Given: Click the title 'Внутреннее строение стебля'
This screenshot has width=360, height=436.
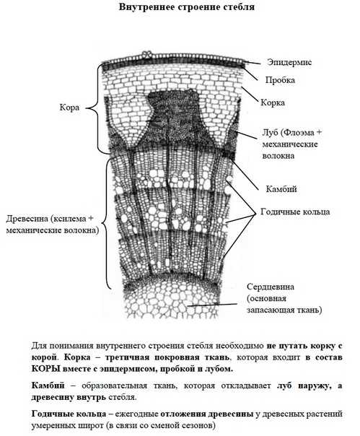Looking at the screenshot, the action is (x=187, y=6).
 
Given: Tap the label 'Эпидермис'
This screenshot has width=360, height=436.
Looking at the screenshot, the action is (x=289, y=62).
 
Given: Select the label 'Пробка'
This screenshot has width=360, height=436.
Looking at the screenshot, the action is (x=280, y=80).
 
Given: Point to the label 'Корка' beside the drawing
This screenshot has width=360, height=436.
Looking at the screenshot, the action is (x=273, y=103).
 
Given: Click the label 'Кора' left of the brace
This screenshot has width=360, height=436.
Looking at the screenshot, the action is (x=69, y=108).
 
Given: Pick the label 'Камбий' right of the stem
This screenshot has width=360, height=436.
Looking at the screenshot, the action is (x=281, y=189).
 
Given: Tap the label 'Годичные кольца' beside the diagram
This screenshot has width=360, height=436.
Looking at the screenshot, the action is (x=295, y=212).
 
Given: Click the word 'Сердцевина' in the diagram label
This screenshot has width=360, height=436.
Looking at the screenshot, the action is (x=271, y=287).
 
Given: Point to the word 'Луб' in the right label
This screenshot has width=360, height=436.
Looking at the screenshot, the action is (x=271, y=132).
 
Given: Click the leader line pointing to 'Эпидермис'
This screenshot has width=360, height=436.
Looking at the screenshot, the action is (x=252, y=62).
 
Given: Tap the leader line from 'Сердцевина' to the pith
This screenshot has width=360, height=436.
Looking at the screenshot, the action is (x=212, y=305).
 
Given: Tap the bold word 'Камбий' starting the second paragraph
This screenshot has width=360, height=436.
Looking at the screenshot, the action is (x=48, y=385).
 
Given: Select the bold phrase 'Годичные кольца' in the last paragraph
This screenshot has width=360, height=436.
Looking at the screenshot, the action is (x=69, y=414).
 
